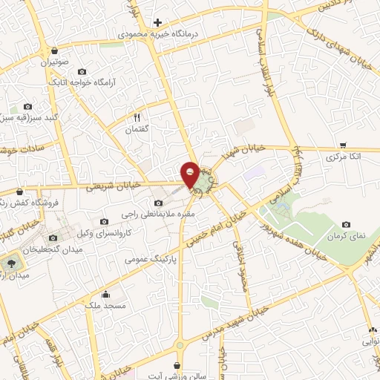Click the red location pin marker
190,174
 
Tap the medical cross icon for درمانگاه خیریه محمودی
157,23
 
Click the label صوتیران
55,63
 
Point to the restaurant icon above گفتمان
137,117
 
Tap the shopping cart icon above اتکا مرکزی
342,145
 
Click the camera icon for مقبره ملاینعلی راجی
157,203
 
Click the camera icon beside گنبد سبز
29,107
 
